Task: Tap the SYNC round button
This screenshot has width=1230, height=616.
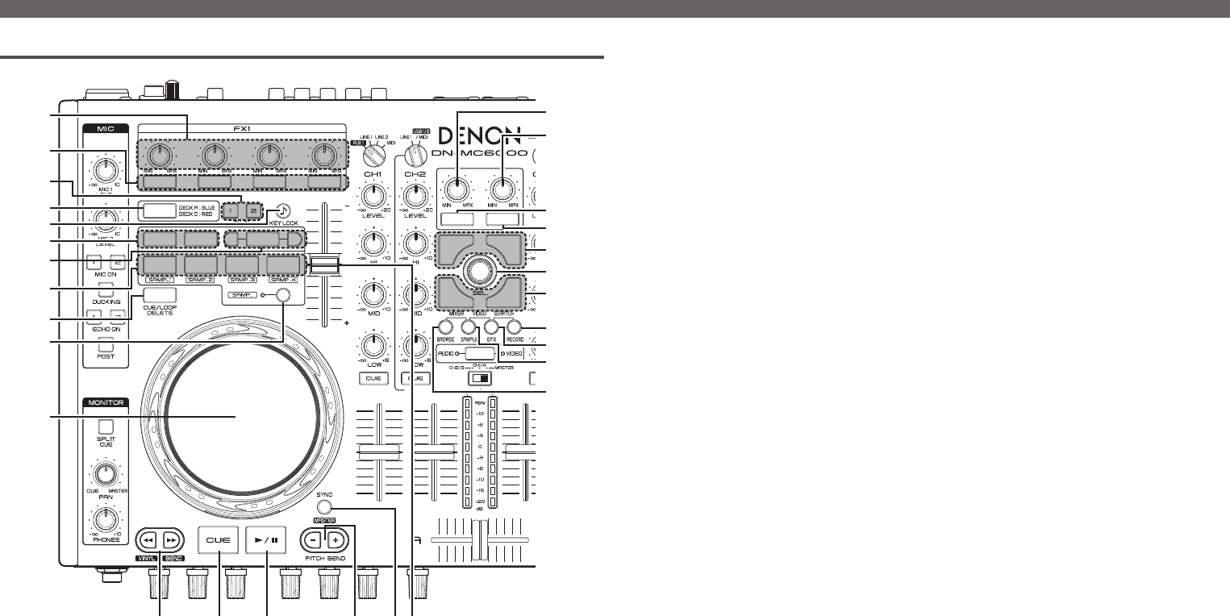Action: tap(324, 508)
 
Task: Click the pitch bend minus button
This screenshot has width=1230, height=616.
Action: tap(316, 539)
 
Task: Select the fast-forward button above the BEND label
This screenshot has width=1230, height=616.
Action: tap(171, 539)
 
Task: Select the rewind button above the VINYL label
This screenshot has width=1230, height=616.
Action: tap(147, 539)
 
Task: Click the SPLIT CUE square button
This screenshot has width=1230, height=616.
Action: tap(102, 427)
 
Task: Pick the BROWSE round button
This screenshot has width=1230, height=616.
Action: tap(444, 328)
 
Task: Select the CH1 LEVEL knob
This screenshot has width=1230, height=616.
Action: tap(373, 195)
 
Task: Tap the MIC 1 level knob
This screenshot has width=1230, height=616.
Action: tap(102, 169)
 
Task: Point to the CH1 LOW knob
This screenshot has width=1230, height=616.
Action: tap(373, 347)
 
